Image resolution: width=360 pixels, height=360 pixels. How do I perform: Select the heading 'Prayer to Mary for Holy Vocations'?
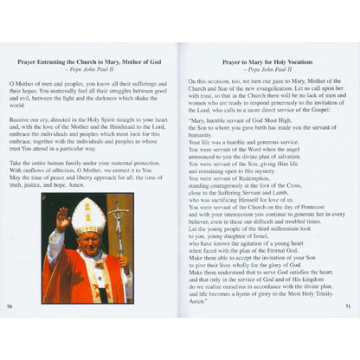267,63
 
